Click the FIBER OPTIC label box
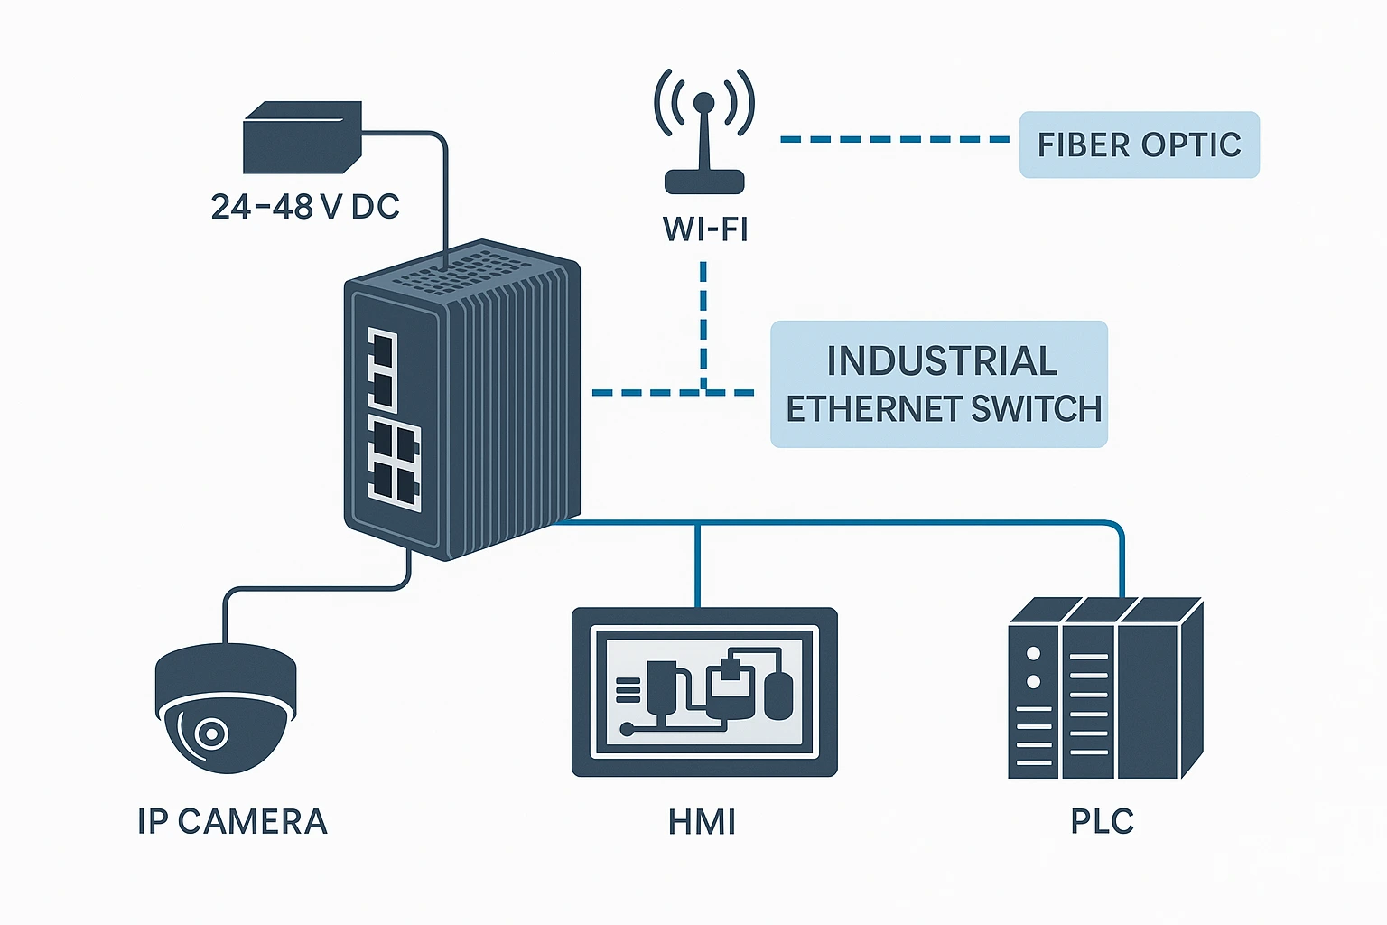pyautogui.click(x=1139, y=145)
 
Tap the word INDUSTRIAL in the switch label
pyautogui.click(x=942, y=361)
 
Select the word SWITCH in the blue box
pyautogui.click(x=1036, y=409)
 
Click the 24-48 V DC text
pyautogui.click(x=305, y=207)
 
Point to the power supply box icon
pyautogui.click(x=302, y=137)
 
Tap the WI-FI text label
pyautogui.click(x=705, y=229)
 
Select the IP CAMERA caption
pyautogui.click(x=232, y=822)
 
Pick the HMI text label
pyautogui.click(x=702, y=822)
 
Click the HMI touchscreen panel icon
pyautogui.click(x=704, y=692)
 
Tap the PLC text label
pyautogui.click(x=1102, y=822)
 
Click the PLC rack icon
pyautogui.click(x=1104, y=688)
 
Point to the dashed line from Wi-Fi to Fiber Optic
pyautogui.click(x=894, y=140)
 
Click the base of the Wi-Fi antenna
pyautogui.click(x=704, y=182)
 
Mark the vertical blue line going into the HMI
pyautogui.click(x=697, y=565)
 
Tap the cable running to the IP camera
pyautogui.click(x=316, y=589)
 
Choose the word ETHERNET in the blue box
pyautogui.click(x=861, y=409)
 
